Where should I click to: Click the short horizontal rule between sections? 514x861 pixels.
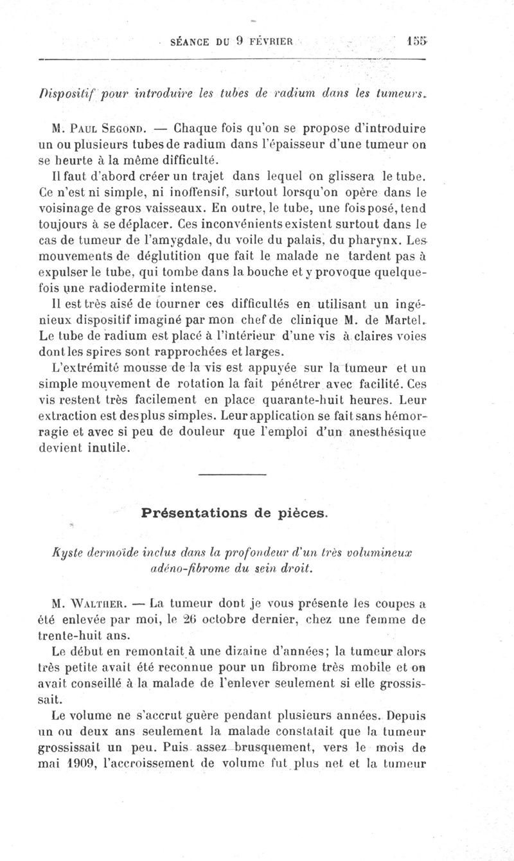[x=233, y=475]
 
